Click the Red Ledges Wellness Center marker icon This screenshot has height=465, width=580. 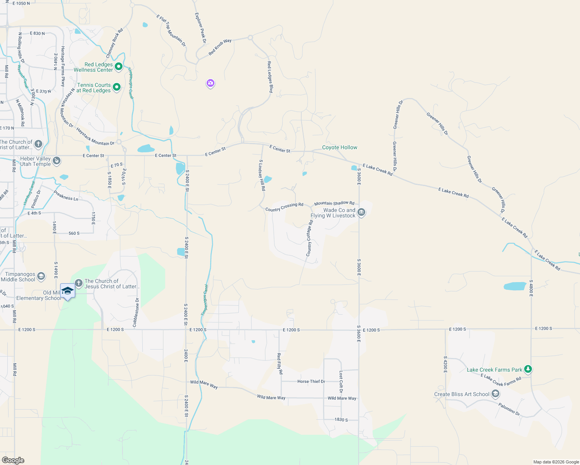119,67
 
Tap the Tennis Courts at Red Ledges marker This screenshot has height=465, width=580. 116,88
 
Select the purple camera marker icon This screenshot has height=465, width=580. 211,83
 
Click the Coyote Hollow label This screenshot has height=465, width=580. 340,148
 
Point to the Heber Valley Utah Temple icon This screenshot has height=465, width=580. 57,160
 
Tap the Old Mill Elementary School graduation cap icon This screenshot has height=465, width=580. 67,291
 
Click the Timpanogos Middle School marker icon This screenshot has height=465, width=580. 41,276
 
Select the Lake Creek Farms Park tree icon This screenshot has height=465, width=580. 528,369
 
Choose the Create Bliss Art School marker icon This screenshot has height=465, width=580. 495,394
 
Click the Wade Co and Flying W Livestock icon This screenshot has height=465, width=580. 361,212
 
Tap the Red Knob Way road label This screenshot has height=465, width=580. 220,47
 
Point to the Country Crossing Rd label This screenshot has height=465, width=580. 284,207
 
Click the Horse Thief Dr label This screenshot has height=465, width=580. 311,382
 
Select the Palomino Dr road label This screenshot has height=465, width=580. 509,409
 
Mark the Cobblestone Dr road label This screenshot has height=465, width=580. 136,312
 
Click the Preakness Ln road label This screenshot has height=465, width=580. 66,196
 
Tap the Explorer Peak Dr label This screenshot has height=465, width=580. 200,28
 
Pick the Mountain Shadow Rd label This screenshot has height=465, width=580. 334,203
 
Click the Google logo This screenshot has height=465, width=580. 13,460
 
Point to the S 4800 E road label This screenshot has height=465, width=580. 531,288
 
